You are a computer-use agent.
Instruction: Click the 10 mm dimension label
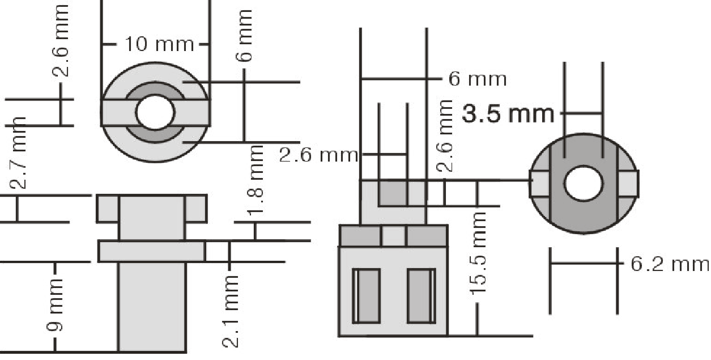point(159,44)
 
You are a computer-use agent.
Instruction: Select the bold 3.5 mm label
point(508,114)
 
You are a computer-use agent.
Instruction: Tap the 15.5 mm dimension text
point(478,253)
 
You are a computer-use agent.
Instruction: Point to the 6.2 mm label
point(670,264)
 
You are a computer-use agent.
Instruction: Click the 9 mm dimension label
point(55,304)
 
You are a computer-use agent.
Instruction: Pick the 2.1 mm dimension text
point(230,311)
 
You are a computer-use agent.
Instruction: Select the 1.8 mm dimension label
point(256,180)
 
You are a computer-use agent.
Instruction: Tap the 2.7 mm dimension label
point(18,153)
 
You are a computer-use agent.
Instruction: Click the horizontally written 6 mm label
point(478,79)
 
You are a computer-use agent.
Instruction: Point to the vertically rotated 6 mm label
point(244,35)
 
